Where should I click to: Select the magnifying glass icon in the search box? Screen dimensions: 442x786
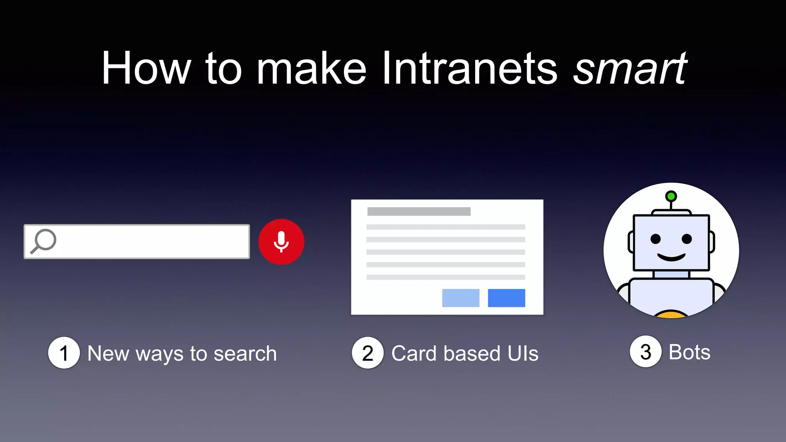coord(44,241)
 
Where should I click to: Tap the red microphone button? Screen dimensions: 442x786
coord(281,242)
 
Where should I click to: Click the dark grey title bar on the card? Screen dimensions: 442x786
coord(419,211)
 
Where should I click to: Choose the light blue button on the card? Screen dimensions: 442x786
coord(461,298)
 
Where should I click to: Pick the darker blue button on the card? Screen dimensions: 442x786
coord(506,298)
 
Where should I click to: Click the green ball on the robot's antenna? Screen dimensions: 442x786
coord(671,196)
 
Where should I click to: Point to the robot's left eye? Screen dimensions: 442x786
coord(656,239)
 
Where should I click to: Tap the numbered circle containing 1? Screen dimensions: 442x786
coord(64,353)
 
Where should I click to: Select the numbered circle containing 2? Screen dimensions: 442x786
coord(368,353)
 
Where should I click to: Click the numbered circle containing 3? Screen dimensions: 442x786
coord(646,351)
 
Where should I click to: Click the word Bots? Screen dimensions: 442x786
coord(689,352)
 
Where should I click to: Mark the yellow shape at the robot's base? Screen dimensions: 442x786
coord(671,314)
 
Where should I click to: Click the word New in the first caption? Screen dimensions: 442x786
coord(108,353)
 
